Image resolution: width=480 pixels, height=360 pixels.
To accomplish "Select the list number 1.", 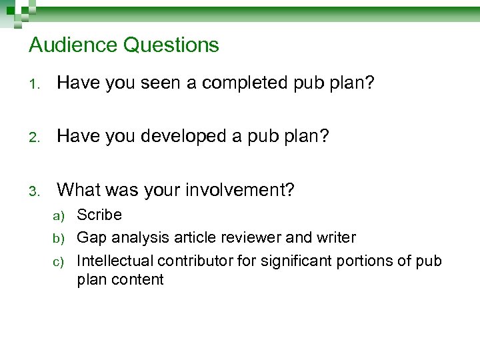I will pyautogui.click(x=35, y=83).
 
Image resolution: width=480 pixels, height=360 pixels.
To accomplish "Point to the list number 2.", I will pyautogui.click(x=35, y=137).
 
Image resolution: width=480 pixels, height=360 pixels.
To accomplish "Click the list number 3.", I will pyautogui.click(x=35, y=191).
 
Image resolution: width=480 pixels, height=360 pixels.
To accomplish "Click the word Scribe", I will pyautogui.click(x=99, y=215).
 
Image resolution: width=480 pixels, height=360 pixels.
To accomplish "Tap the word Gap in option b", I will pyautogui.click(x=92, y=237).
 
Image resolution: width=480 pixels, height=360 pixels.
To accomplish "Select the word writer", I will pyautogui.click(x=338, y=237).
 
